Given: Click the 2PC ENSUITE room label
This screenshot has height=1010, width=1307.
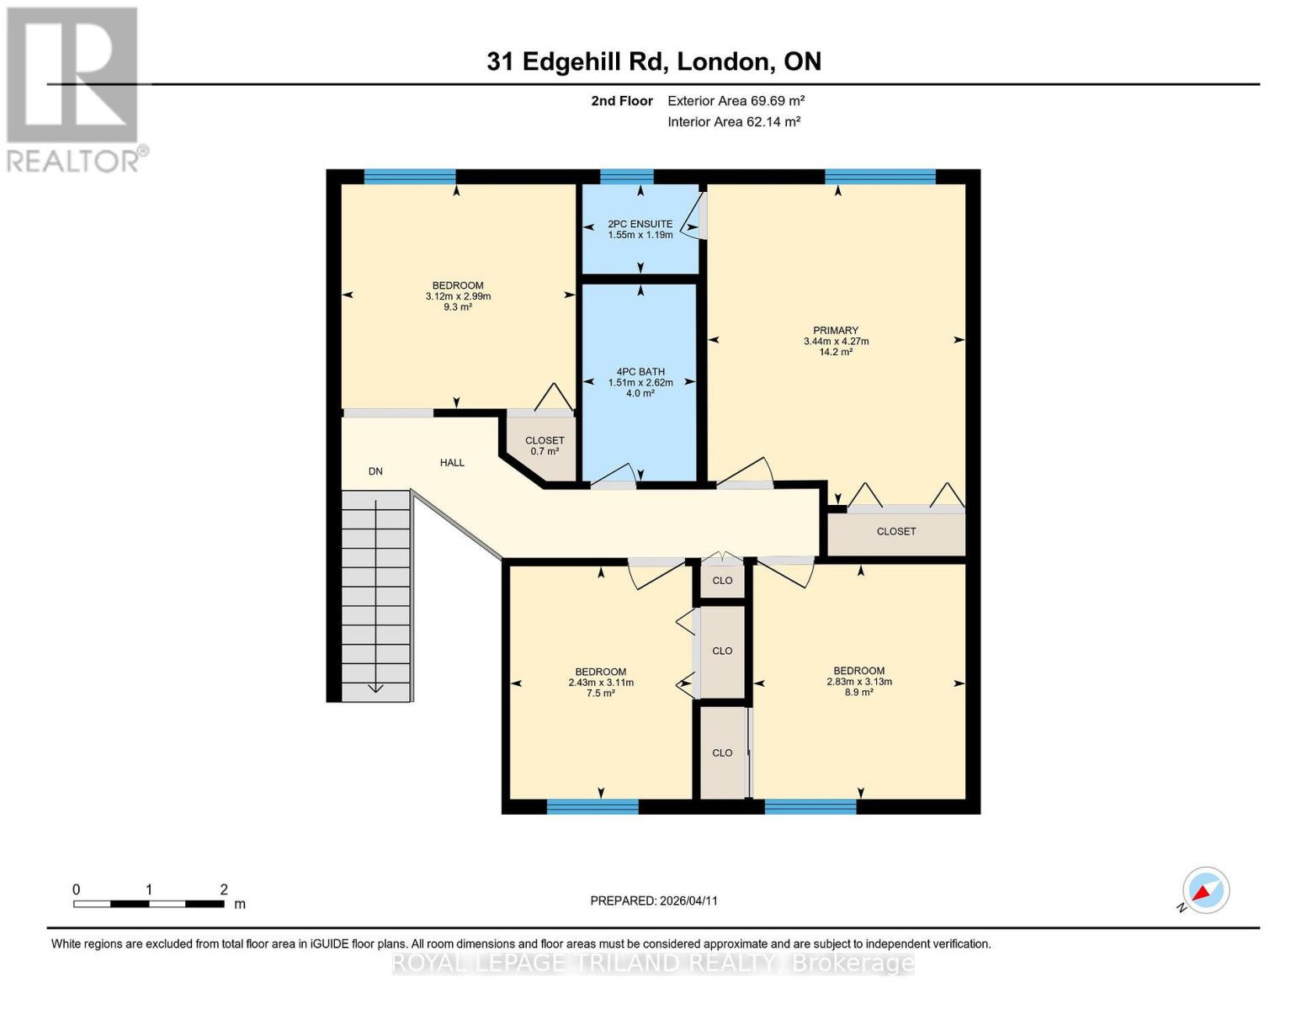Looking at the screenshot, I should click(640, 224).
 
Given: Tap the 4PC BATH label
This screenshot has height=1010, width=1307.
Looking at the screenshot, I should click(640, 371).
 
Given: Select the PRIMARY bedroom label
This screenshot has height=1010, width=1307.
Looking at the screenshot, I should click(836, 330).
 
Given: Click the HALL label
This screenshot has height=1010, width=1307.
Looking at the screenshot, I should click(452, 462).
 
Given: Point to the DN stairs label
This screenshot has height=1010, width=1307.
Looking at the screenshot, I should click(375, 471).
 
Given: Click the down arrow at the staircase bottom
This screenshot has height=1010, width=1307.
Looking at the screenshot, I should click(375, 688).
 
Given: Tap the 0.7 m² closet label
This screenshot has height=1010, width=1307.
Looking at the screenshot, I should click(545, 451).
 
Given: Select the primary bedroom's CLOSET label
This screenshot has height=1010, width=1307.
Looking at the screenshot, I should click(896, 531).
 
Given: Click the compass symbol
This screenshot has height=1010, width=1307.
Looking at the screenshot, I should click(1205, 890).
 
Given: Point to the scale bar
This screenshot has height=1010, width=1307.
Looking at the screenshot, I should click(148, 904).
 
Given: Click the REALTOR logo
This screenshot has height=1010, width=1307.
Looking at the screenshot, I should click(73, 88).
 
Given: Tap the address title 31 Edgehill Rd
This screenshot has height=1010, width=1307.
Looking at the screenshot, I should click(654, 61).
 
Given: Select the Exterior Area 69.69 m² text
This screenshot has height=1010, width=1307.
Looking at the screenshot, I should click(736, 100).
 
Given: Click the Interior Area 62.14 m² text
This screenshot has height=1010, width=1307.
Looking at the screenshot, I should click(734, 121).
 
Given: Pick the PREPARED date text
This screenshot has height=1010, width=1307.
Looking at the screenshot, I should click(654, 901).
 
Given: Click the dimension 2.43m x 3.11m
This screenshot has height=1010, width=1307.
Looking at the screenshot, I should click(601, 683).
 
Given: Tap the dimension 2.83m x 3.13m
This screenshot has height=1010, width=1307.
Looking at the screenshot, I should click(859, 682).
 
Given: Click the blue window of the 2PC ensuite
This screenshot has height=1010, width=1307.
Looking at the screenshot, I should click(627, 177).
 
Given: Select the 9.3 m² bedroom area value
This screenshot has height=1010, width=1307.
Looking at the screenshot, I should click(458, 307).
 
